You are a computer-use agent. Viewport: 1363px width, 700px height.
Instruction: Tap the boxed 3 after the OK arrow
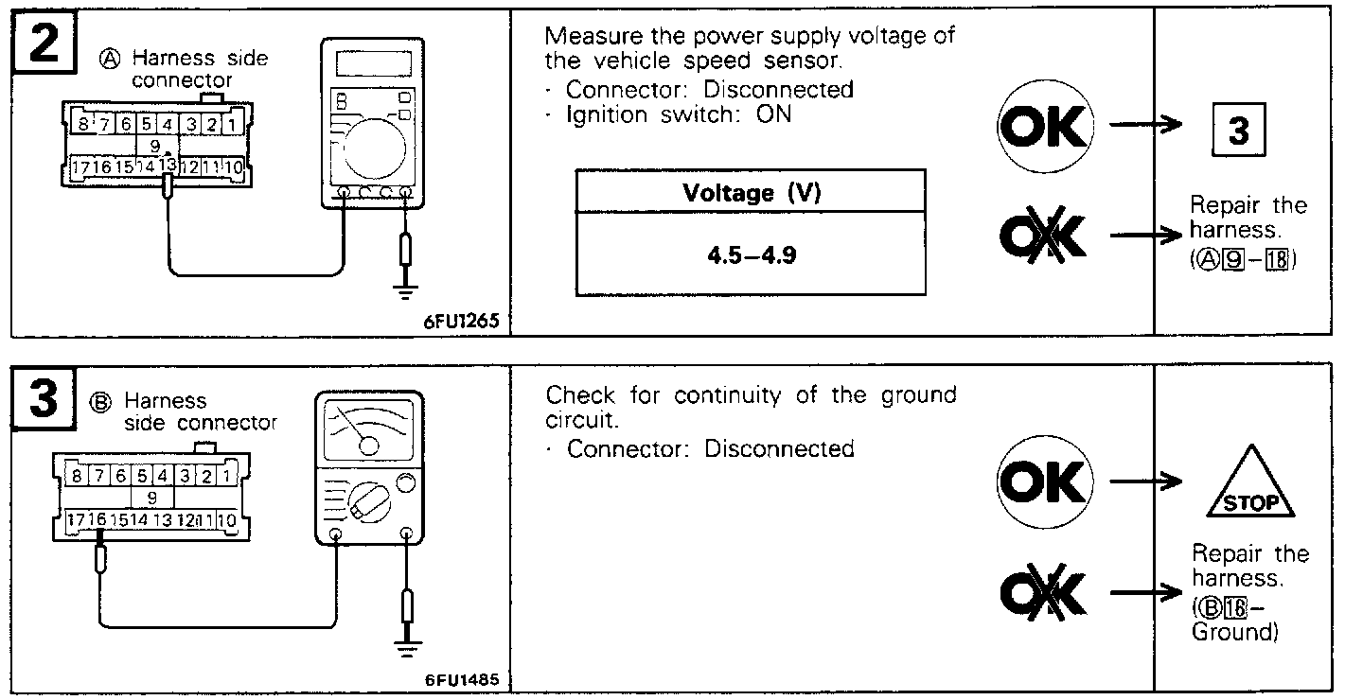click(1238, 131)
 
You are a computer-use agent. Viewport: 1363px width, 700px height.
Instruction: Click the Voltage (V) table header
click(751, 194)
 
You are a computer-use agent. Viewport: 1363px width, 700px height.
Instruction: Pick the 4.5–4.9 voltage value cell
click(751, 254)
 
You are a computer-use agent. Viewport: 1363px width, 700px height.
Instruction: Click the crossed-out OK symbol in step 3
click(1045, 593)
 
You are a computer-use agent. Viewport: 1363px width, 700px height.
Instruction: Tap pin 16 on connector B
click(97, 520)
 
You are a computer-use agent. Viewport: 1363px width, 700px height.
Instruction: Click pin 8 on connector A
click(82, 124)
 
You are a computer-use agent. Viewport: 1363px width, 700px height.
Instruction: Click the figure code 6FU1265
click(460, 321)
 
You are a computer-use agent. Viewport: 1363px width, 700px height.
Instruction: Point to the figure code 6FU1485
click(460, 680)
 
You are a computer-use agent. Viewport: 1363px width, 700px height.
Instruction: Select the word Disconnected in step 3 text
click(779, 448)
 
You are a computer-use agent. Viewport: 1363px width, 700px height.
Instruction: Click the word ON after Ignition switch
click(773, 115)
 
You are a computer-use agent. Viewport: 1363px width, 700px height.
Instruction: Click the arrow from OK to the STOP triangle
click(1146, 482)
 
